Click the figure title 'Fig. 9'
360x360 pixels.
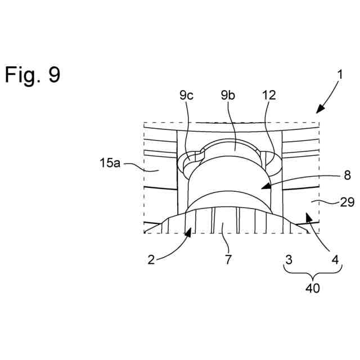tap(33, 74)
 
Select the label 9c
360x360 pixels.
tap(187, 95)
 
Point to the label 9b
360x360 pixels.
tap(228, 95)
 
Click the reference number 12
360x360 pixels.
tap(269, 95)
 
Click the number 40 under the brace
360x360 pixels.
tap(312, 288)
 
